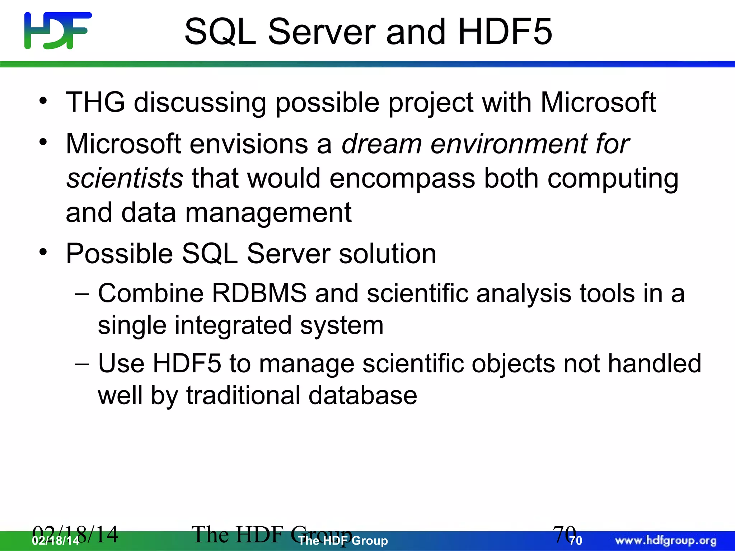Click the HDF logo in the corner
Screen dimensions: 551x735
pos(58,30)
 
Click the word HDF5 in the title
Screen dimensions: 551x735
pos(505,32)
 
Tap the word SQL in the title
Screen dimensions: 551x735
pos(220,32)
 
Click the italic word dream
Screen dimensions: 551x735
pos(381,144)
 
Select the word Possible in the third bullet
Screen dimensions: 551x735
pos(119,254)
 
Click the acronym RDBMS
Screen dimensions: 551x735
pos(259,293)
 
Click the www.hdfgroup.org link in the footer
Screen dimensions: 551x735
pos(666,541)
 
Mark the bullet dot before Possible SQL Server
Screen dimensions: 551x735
pos(43,252)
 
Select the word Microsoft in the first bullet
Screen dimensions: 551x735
pos(598,103)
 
